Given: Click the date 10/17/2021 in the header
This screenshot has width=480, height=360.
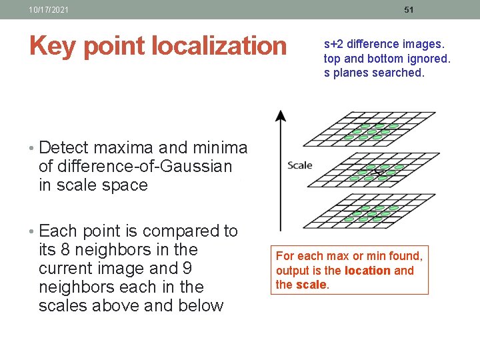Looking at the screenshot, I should coord(49,10).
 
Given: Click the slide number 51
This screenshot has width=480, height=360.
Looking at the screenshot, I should coord(409,10).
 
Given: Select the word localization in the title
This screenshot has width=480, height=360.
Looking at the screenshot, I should coord(219,46).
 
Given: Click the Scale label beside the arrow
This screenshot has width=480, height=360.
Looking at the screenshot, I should coord(299,165).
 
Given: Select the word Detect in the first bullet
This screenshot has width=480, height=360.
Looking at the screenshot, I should coord(67,147).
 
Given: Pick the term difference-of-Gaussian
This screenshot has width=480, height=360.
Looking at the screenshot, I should coord(135,166).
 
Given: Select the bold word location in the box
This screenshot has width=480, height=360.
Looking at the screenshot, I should coord(368,271).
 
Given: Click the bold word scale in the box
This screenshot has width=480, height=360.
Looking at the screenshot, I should coord(311,285).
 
